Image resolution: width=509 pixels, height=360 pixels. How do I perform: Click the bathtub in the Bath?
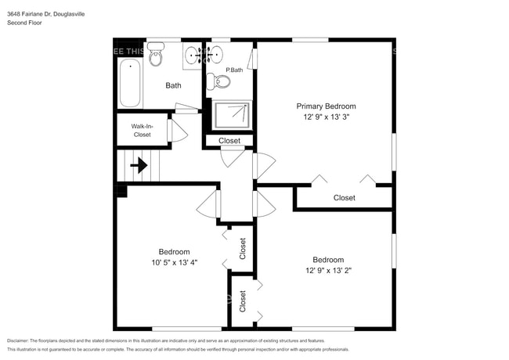point(130,85)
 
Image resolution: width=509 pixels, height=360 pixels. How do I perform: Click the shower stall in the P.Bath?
point(233,116)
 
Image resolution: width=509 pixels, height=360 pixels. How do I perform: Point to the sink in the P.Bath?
point(216,55)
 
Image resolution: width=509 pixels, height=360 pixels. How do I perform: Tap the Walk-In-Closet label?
point(141,130)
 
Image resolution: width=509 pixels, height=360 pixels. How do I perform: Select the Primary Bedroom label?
point(326,106)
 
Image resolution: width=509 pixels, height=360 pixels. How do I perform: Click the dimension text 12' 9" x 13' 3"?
point(326,117)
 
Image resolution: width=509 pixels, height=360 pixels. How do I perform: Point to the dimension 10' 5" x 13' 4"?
point(174,262)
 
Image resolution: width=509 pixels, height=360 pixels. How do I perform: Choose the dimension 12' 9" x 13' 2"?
point(327,271)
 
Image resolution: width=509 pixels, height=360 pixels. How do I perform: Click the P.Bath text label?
point(233,70)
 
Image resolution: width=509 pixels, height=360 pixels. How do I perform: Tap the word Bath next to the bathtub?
point(173,85)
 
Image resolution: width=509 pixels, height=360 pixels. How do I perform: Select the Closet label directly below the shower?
point(229,141)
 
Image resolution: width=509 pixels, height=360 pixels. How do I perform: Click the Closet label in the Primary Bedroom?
point(344,198)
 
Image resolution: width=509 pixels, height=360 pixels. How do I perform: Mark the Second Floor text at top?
point(24,23)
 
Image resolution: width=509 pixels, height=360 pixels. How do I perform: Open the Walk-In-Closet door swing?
point(177,131)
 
